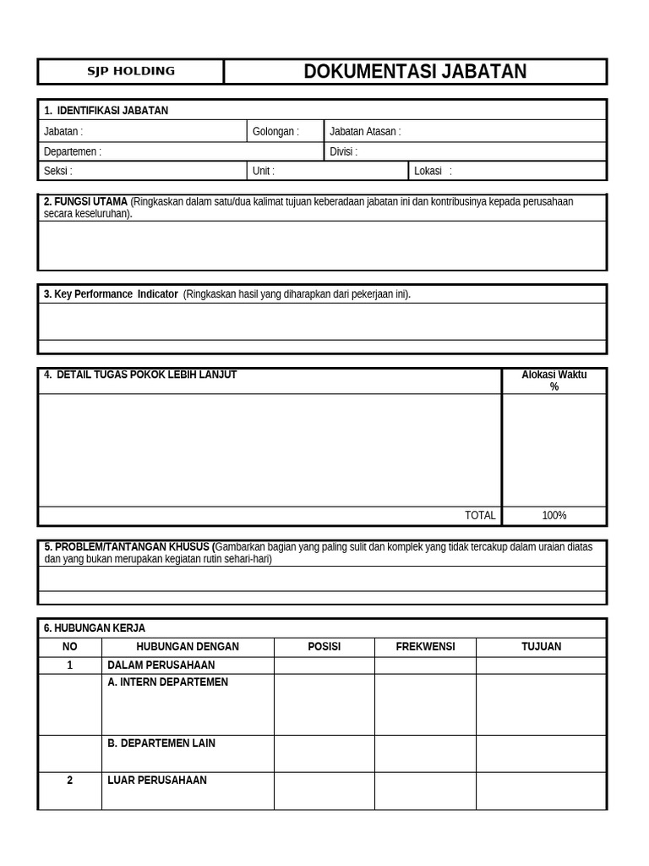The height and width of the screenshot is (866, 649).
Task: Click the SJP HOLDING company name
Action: coord(131,71)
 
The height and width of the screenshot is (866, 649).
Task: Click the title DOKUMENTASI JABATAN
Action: coord(415,72)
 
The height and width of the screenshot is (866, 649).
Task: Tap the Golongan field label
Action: coord(275,132)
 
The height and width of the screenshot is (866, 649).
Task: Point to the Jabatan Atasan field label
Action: coord(365,132)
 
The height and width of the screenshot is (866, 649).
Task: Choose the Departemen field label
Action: coord(73,152)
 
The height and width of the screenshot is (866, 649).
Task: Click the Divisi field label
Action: coord(343,152)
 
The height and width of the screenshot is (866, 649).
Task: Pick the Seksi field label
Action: coord(58,171)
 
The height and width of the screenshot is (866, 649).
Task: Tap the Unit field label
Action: coord(264,171)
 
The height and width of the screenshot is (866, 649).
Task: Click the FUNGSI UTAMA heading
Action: coord(85,202)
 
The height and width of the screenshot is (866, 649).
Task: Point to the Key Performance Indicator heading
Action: coord(111,294)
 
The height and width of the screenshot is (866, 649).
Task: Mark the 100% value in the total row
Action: coord(554,516)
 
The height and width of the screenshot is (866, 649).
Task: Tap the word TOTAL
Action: coord(480,516)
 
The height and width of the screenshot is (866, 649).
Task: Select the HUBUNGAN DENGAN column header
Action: coord(188,647)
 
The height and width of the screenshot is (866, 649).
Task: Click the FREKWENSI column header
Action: coord(425,647)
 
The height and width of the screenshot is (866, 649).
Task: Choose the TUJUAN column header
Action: coord(541,647)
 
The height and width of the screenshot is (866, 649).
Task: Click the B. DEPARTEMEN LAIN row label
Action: coord(161,743)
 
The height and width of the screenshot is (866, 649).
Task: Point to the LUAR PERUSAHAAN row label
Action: coord(157,781)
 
